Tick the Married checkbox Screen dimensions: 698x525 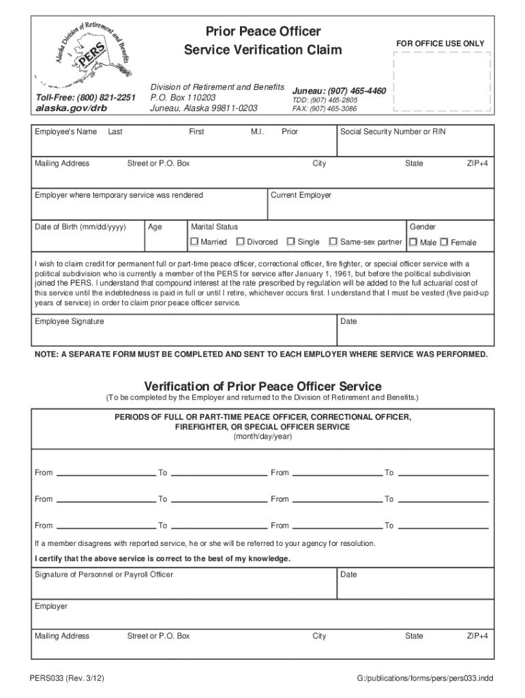tap(194, 242)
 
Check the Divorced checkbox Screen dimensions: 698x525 tap(241, 242)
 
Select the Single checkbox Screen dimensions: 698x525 tap(291, 242)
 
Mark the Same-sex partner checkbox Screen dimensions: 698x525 tap(333, 242)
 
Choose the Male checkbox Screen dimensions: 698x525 tap(413, 242)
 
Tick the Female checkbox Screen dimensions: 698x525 tap(444, 242)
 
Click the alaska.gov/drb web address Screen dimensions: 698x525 tap(62, 108)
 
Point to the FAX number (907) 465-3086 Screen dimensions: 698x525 tap(325, 108)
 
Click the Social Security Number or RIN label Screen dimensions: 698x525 tap(393, 132)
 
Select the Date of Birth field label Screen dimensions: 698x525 tap(80, 226)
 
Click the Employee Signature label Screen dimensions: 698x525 tap(70, 321)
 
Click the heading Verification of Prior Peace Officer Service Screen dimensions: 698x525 tap(262, 386)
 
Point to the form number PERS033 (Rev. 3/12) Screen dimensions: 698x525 tap(66, 679)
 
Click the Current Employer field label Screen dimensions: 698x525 tap(301, 195)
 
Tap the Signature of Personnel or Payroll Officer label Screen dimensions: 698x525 tap(104, 575)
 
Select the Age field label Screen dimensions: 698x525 tap(155, 227)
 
